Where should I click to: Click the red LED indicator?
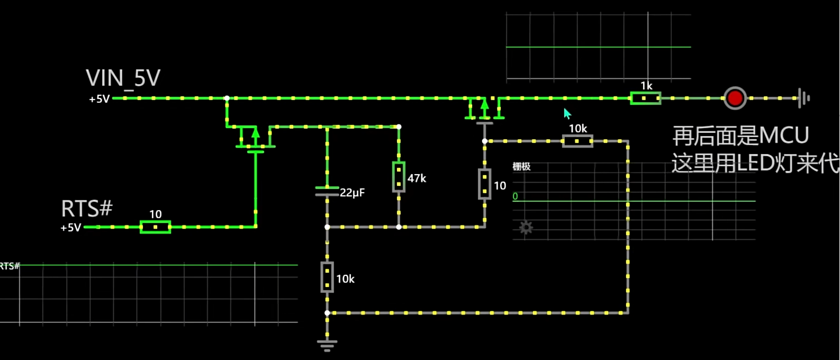[x=735, y=98]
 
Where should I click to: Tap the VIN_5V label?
[x=123, y=78]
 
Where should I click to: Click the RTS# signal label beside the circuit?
[x=87, y=209]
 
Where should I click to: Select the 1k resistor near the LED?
[x=645, y=98]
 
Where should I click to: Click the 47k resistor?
[x=399, y=177]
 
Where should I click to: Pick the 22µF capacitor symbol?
[x=327, y=191]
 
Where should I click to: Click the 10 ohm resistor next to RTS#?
[x=155, y=227]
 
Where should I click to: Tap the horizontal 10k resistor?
[x=577, y=141]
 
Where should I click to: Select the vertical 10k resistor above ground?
[x=327, y=277]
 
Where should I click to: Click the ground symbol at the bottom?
[x=327, y=346]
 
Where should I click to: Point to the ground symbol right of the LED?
[x=803, y=98]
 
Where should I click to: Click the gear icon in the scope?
[x=526, y=228]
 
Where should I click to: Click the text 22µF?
[x=353, y=193]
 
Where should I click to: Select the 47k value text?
[x=417, y=178]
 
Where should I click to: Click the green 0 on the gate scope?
[x=515, y=196]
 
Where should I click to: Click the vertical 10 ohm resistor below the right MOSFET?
[x=484, y=184]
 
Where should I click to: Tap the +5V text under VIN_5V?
[x=99, y=99]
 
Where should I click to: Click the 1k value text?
[x=646, y=86]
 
